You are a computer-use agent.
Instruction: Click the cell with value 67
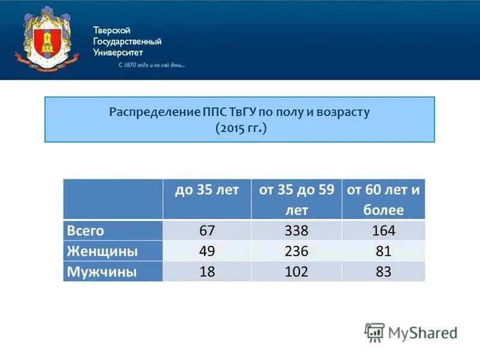click(206, 231)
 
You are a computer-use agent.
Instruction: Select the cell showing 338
click(296, 231)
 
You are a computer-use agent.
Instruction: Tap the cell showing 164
click(383, 231)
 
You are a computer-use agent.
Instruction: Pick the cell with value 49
click(206, 251)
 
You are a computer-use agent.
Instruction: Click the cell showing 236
click(296, 251)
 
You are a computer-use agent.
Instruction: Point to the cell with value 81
click(383, 251)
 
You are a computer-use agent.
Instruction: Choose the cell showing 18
click(206, 271)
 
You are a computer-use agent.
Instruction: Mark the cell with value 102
click(296, 271)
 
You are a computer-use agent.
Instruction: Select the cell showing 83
click(383, 271)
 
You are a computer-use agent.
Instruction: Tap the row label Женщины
click(102, 251)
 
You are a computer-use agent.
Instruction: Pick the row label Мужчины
click(101, 271)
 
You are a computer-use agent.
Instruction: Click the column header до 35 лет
click(207, 190)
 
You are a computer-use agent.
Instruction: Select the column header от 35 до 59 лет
click(296, 199)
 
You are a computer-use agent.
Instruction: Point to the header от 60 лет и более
click(383, 199)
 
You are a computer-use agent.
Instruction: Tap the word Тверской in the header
click(112, 31)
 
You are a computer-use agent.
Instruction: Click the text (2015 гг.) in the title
click(240, 128)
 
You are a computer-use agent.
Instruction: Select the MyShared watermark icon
click(374, 332)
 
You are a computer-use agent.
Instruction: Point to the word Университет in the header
click(118, 52)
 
